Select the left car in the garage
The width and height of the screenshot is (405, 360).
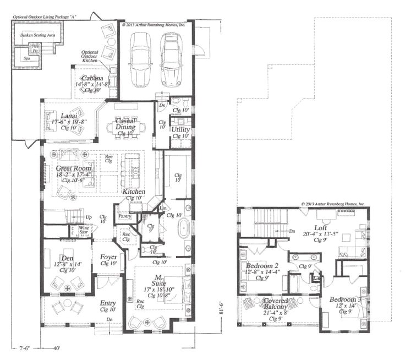[140, 56]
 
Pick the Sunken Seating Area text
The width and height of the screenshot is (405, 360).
[37, 34]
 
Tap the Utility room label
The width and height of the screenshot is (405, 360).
[180, 130]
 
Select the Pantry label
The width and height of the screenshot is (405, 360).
[124, 216]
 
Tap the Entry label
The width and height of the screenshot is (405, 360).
[108, 303]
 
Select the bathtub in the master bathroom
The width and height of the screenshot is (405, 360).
[183, 227]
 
